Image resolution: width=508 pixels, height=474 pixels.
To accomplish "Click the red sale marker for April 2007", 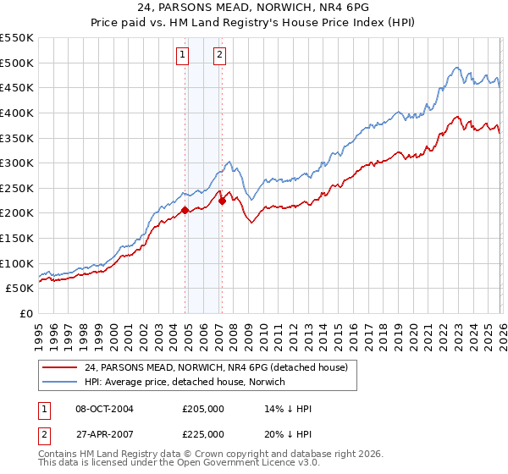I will click(222, 201).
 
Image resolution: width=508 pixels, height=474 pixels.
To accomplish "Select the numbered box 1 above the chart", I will click(182, 56).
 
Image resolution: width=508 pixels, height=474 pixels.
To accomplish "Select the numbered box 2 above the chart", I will click(219, 56).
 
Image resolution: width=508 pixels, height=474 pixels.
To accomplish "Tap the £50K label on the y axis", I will click(20, 288).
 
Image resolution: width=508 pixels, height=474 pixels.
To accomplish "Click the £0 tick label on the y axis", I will click(26, 313).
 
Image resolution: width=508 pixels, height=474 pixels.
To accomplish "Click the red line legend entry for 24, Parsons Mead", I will click(212, 367).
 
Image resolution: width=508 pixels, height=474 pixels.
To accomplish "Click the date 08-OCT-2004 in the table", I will click(104, 409).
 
